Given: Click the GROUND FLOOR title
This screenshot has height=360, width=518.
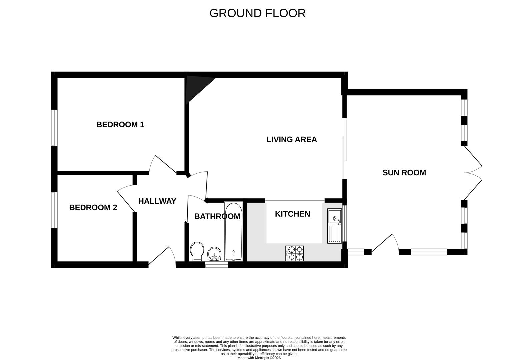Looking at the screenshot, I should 257,13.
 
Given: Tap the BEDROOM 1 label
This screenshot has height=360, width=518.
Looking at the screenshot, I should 120,125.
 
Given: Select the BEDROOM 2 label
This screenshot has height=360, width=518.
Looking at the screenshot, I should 93,208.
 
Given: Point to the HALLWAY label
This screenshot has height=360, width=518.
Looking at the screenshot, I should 157,201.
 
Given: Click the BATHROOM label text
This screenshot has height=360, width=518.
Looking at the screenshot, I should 217,217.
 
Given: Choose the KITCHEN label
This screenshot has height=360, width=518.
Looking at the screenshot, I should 292,214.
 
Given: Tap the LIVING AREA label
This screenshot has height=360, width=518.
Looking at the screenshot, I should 291,140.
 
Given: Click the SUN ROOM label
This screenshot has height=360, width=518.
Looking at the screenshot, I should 404,173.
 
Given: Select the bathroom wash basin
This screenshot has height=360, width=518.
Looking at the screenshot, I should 214,254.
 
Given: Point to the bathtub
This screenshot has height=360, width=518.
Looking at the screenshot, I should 233,232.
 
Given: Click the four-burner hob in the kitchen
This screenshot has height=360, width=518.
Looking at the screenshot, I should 295,253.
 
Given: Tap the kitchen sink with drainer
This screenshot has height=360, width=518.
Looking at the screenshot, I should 334,226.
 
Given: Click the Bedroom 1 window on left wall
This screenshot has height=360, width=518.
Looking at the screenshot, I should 54,128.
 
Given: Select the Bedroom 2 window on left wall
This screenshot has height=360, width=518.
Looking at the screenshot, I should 54,210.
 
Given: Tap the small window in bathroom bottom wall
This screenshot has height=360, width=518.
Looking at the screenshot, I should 217,265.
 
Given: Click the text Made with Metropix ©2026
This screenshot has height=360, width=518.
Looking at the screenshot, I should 259,358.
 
